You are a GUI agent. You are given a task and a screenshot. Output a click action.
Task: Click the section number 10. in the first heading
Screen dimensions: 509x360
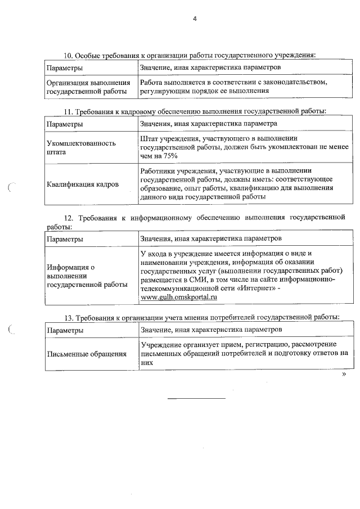(x=68, y=55)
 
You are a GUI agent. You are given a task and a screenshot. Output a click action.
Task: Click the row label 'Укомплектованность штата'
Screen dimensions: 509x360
(x=81, y=147)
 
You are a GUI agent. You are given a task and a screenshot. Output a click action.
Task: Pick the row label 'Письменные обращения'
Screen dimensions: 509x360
(x=85, y=353)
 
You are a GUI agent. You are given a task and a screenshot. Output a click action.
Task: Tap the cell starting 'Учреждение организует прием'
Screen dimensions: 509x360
(x=244, y=353)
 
